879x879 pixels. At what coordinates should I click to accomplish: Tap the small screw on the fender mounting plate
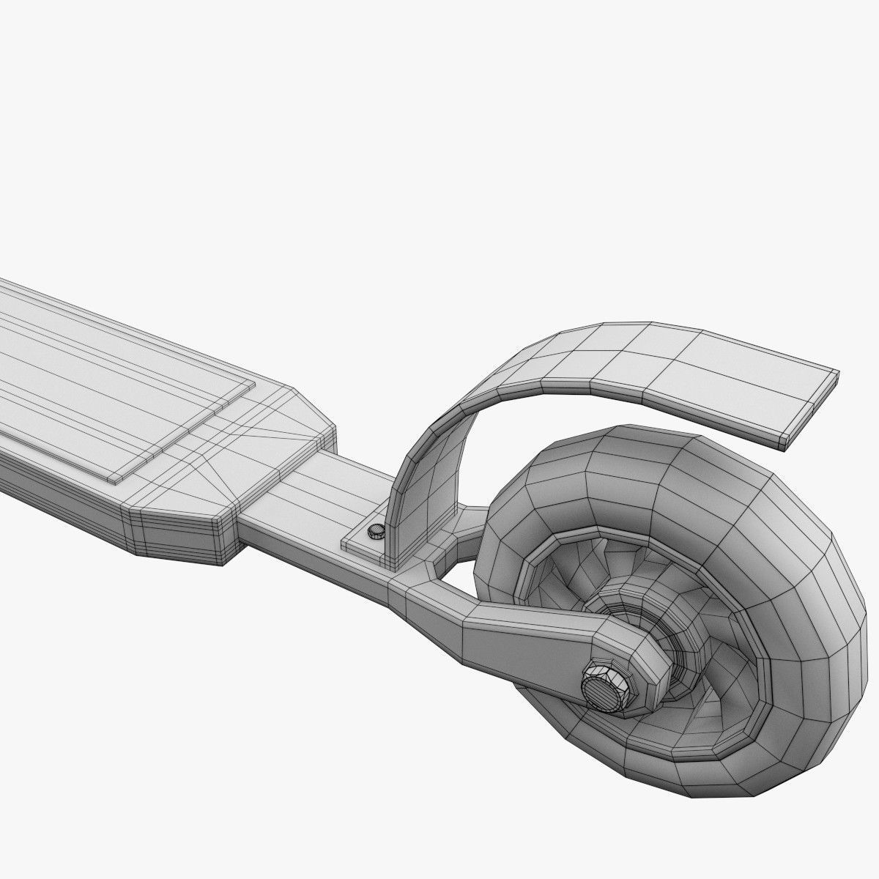click(x=375, y=531)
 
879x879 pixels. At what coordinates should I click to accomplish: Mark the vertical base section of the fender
click(x=418, y=505)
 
